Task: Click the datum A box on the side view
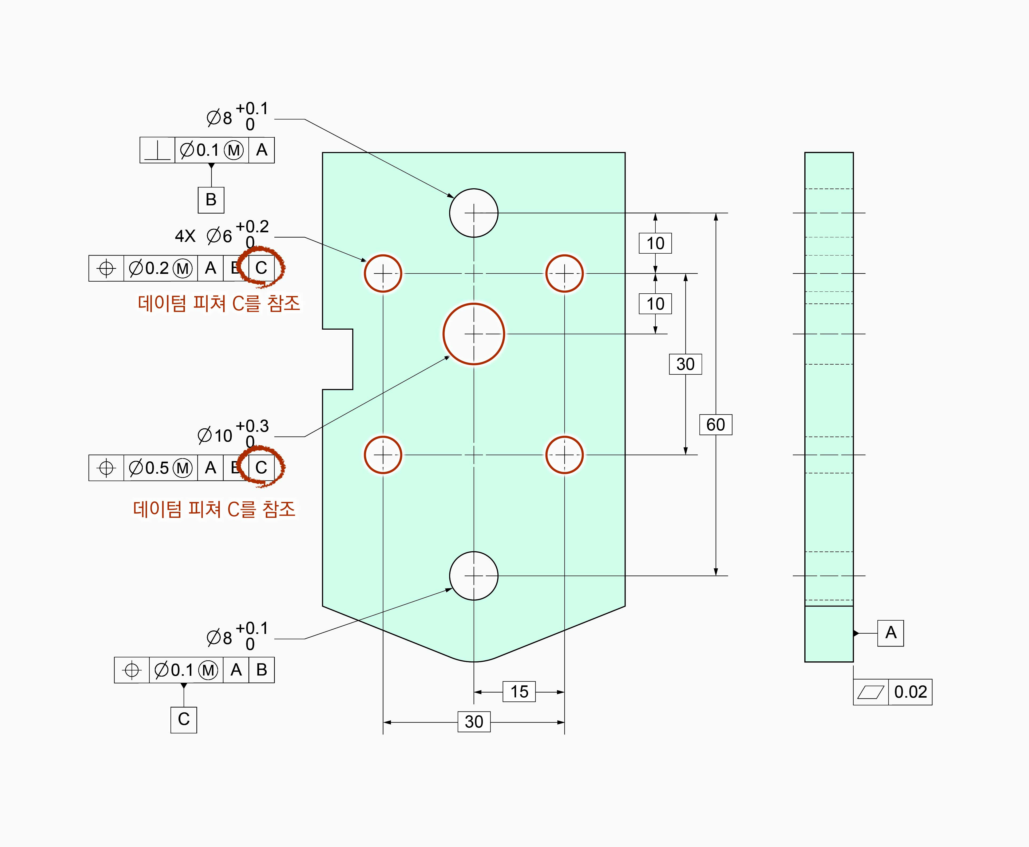pos(891,633)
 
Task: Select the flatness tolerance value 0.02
pos(910,692)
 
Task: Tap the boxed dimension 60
pos(716,425)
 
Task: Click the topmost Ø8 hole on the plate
pos(473,213)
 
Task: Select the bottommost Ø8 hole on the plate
pos(473,576)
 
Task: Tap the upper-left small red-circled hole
pos(383,273)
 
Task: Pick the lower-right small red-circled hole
pos(564,455)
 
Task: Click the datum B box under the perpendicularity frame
pos(211,199)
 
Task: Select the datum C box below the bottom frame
pos(184,719)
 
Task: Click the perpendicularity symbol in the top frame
pos(157,150)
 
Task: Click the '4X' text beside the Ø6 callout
pos(185,236)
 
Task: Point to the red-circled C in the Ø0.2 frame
pos(262,268)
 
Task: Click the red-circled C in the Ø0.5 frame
pos(262,468)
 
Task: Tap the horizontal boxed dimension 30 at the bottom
pos(473,722)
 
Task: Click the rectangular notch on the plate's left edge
pos(338,359)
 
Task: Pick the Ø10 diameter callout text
pos(215,435)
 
